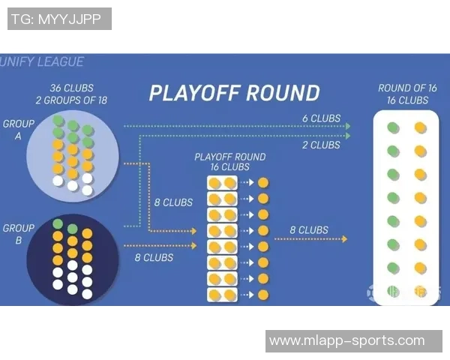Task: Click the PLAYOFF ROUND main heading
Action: point(234,94)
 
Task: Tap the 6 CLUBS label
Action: point(321,118)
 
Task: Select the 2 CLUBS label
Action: point(321,145)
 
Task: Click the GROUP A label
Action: point(19,130)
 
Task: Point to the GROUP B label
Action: point(19,235)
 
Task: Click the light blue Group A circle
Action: point(72,154)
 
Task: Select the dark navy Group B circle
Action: point(72,259)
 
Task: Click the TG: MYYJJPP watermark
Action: point(58,19)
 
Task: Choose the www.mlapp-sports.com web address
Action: point(346,340)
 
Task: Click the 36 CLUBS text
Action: point(72,88)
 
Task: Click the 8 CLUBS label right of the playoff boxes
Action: point(309,230)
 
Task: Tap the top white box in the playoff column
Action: point(222,183)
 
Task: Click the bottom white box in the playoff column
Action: point(222,295)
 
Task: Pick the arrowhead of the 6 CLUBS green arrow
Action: point(348,126)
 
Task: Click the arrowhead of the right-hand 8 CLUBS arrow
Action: point(344,239)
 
